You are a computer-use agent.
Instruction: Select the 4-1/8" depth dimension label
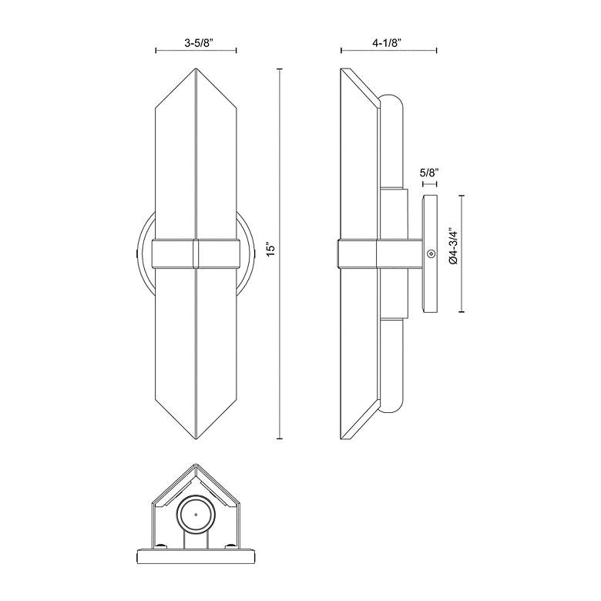[x=389, y=44]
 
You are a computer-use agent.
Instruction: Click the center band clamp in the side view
[x=357, y=253]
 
